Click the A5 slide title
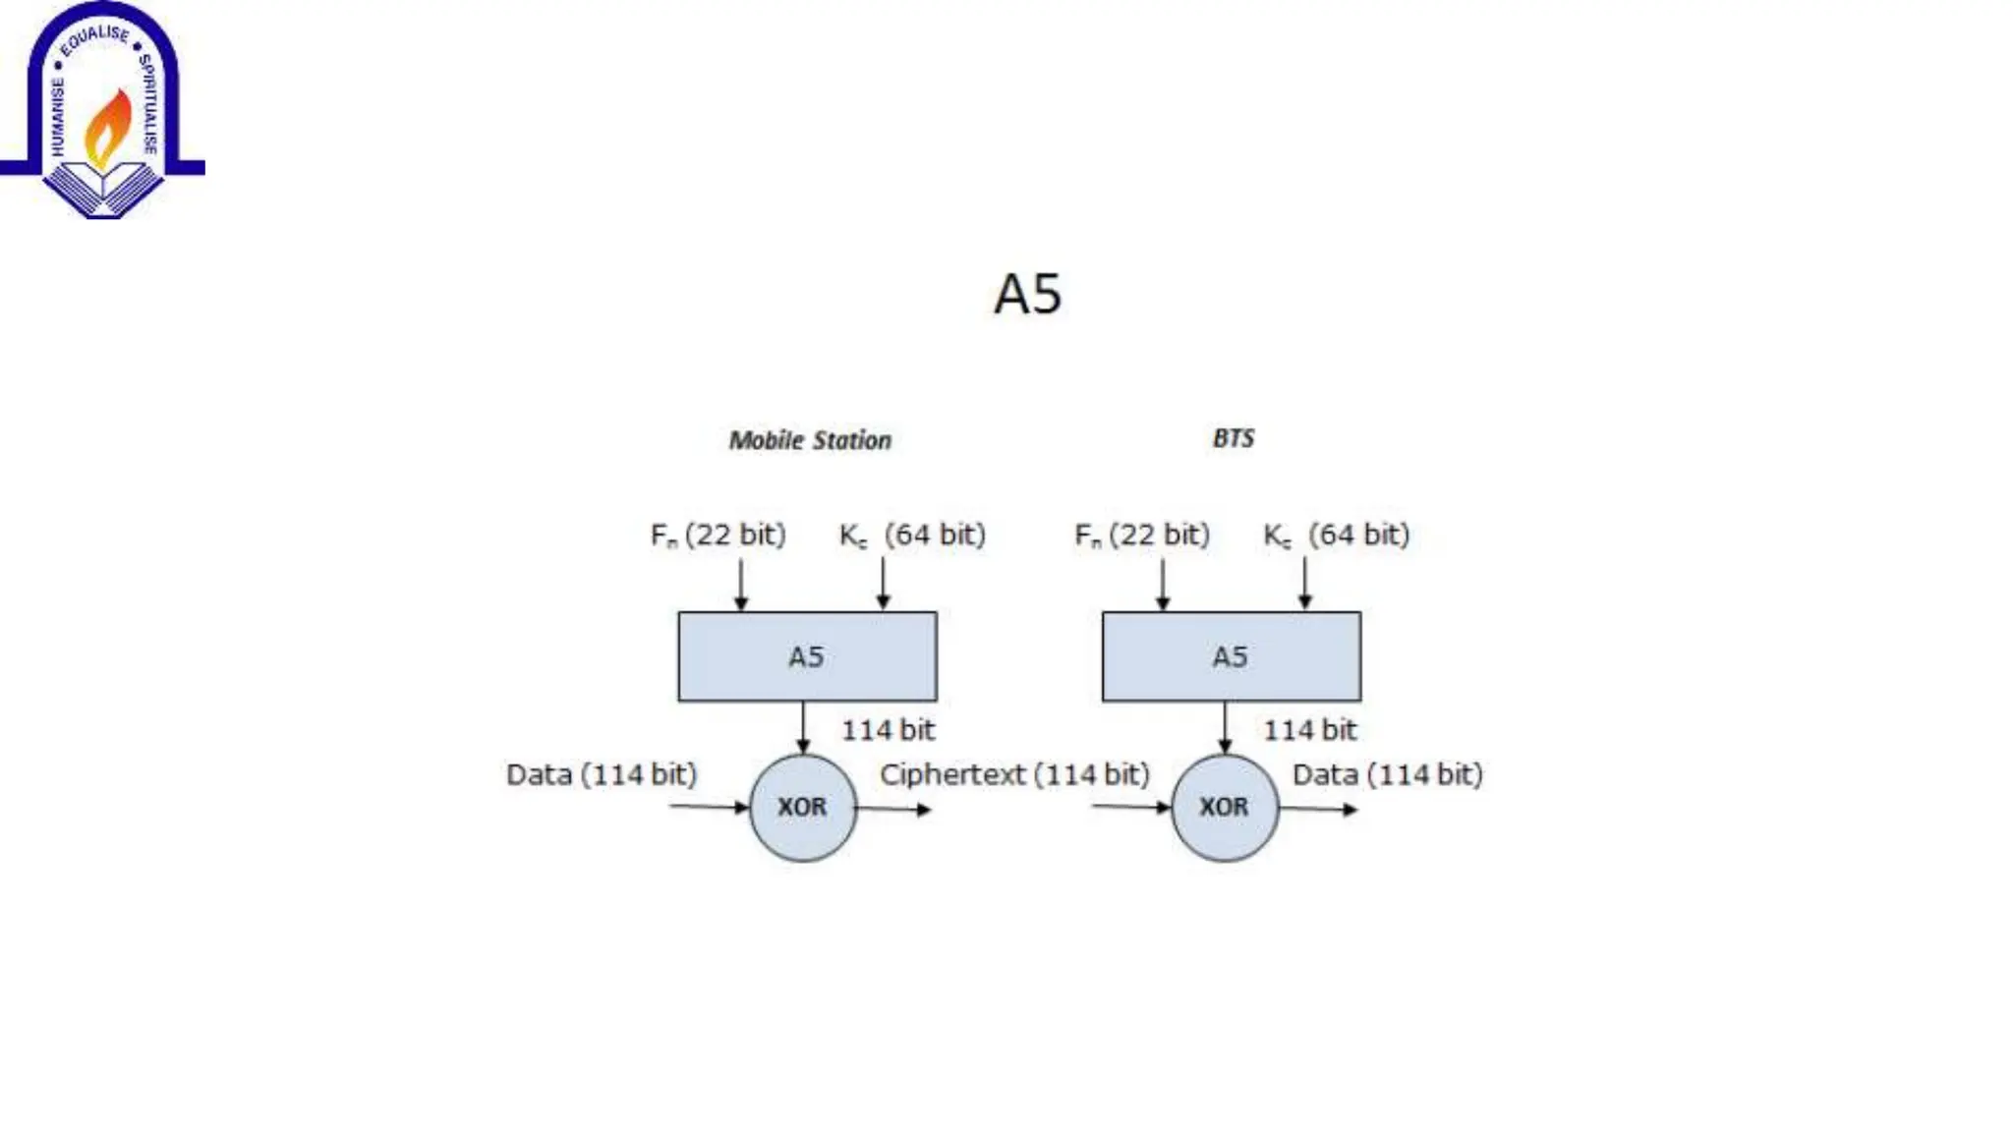[1027, 294]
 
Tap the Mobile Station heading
[810, 440]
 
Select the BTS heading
[1233, 438]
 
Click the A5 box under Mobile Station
[807, 656]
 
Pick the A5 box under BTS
[1231, 656]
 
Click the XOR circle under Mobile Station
[802, 808]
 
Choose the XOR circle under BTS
[1224, 808]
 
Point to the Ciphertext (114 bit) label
[1014, 774]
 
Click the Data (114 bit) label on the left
[602, 774]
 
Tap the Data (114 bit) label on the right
[1387, 774]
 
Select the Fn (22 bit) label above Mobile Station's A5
[719, 535]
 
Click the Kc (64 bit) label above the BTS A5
[1336, 535]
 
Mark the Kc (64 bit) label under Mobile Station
[912, 535]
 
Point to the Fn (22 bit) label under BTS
[1142, 535]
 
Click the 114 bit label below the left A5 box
[888, 730]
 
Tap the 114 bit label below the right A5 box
[1309, 730]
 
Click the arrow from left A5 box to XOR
[803, 727]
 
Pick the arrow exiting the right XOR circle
[1318, 810]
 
